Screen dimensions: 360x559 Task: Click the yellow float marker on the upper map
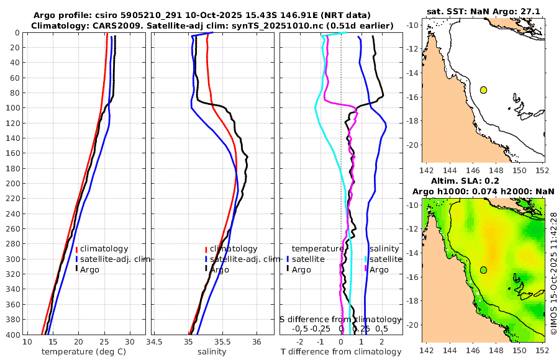[x=483, y=90]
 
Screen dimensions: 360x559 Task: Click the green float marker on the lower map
[x=483, y=270]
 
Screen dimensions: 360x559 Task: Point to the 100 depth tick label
[x=11, y=107]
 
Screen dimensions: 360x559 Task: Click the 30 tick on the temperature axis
[x=129, y=343]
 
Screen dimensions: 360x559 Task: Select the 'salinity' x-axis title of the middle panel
[x=211, y=352]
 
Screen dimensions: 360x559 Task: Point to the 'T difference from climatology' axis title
[x=341, y=352]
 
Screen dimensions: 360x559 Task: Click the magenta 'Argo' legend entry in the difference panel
[x=379, y=269]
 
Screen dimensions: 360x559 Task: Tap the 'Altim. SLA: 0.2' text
[x=483, y=180]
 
